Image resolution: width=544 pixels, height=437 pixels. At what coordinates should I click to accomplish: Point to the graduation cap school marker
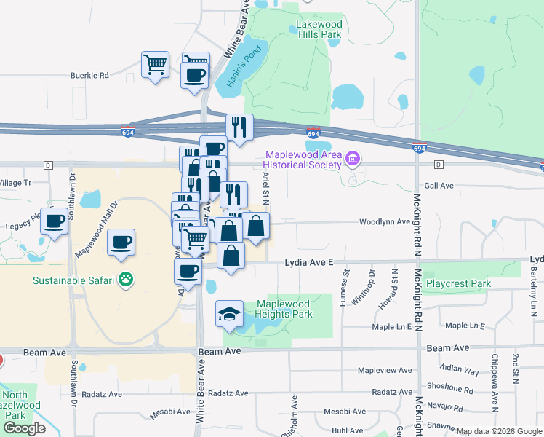click(x=228, y=314)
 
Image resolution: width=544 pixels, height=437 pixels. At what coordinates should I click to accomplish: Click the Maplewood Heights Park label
click(x=284, y=309)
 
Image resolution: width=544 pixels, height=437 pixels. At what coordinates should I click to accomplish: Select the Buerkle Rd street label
click(x=89, y=74)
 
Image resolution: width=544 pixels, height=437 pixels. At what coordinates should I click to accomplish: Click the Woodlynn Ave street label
click(x=384, y=222)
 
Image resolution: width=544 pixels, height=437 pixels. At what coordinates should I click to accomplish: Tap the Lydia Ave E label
click(x=308, y=261)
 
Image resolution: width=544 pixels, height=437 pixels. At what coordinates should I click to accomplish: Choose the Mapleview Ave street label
click(x=385, y=371)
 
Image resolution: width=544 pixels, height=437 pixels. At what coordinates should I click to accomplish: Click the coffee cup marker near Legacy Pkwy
click(x=54, y=221)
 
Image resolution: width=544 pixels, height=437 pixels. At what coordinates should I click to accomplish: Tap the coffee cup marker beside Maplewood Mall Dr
click(x=121, y=242)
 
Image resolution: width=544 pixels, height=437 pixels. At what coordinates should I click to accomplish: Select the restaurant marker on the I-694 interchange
click(x=239, y=127)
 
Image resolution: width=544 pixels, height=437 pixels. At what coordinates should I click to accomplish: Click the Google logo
click(x=24, y=428)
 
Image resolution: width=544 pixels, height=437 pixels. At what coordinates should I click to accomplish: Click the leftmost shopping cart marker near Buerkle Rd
click(x=155, y=65)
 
